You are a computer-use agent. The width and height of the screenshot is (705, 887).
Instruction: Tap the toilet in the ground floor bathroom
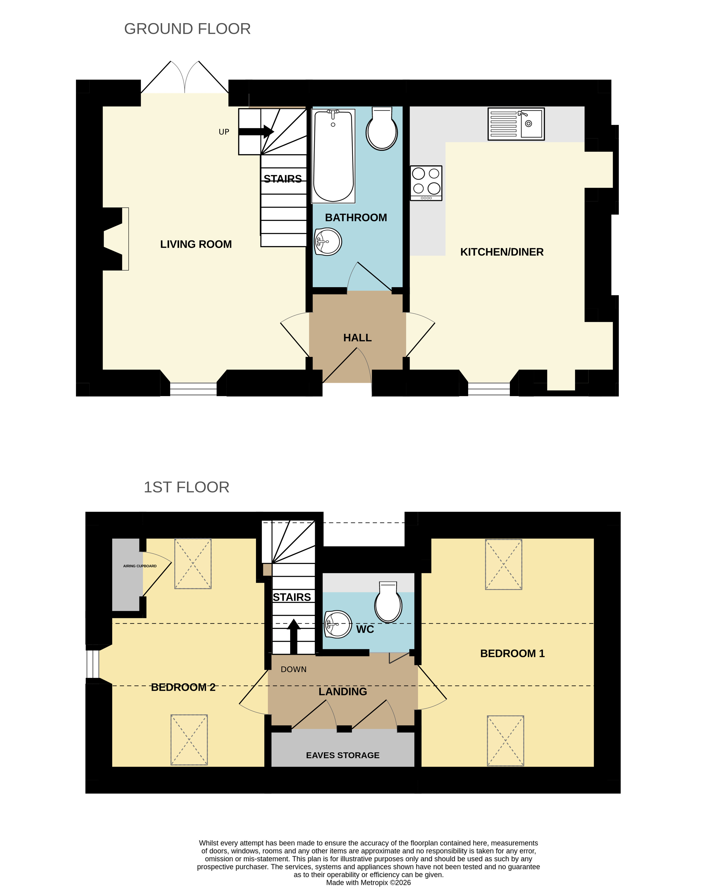382,128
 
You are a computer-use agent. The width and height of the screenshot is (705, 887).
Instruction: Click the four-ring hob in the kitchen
426,183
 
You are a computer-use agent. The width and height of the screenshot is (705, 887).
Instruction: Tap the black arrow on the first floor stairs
294,636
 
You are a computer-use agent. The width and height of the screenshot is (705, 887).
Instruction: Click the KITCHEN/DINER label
502,252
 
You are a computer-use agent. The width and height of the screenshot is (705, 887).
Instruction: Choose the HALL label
357,338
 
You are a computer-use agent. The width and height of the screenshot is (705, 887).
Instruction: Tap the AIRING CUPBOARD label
140,566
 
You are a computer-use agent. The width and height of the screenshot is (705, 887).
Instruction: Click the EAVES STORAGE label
343,755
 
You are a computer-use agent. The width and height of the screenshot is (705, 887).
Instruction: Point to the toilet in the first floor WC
388,601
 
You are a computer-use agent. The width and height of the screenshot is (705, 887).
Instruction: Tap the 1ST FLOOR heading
186,487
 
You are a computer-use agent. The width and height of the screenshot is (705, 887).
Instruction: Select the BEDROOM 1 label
512,653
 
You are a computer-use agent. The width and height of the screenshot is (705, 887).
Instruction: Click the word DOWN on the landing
294,669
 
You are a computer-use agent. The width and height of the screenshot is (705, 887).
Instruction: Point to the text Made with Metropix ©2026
369,882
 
